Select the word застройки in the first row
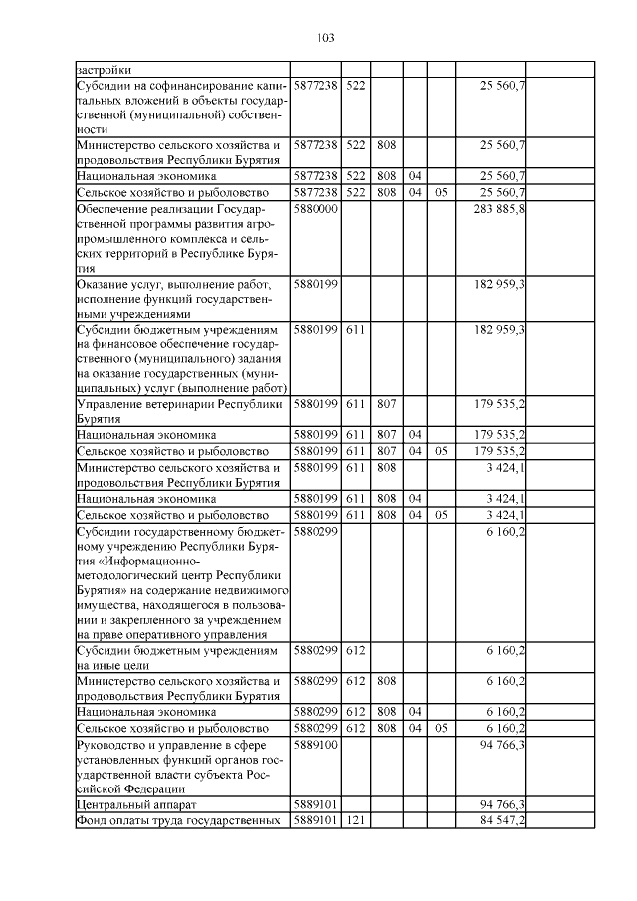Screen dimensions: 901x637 click(103, 70)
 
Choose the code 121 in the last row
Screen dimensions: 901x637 click(356, 819)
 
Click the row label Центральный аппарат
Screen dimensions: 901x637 click(124, 803)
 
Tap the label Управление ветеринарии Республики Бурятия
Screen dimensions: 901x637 click(179, 411)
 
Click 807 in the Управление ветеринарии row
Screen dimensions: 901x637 click(387, 404)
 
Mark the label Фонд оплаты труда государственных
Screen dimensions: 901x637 click(179, 819)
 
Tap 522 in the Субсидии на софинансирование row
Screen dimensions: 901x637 click(356, 86)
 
